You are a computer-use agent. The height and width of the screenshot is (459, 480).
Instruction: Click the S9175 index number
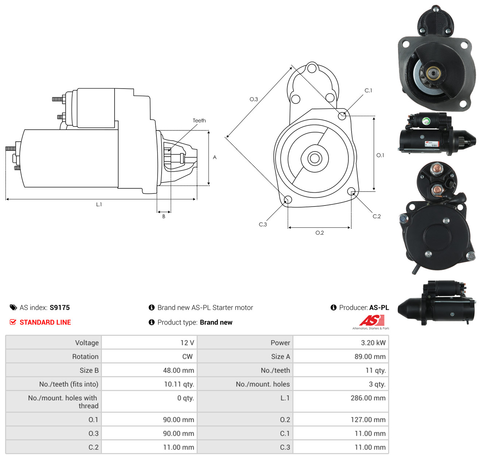click(60, 307)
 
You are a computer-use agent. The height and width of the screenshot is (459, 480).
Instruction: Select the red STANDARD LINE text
click(45, 322)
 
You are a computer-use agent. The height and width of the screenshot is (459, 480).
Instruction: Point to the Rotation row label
click(85, 357)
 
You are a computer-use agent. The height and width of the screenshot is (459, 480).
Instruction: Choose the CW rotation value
click(187, 357)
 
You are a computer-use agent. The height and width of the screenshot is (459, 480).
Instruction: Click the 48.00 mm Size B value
click(178, 370)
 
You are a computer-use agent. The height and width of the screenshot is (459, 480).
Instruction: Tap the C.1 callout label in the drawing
click(368, 90)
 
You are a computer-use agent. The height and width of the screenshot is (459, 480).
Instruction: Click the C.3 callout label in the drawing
click(263, 224)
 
